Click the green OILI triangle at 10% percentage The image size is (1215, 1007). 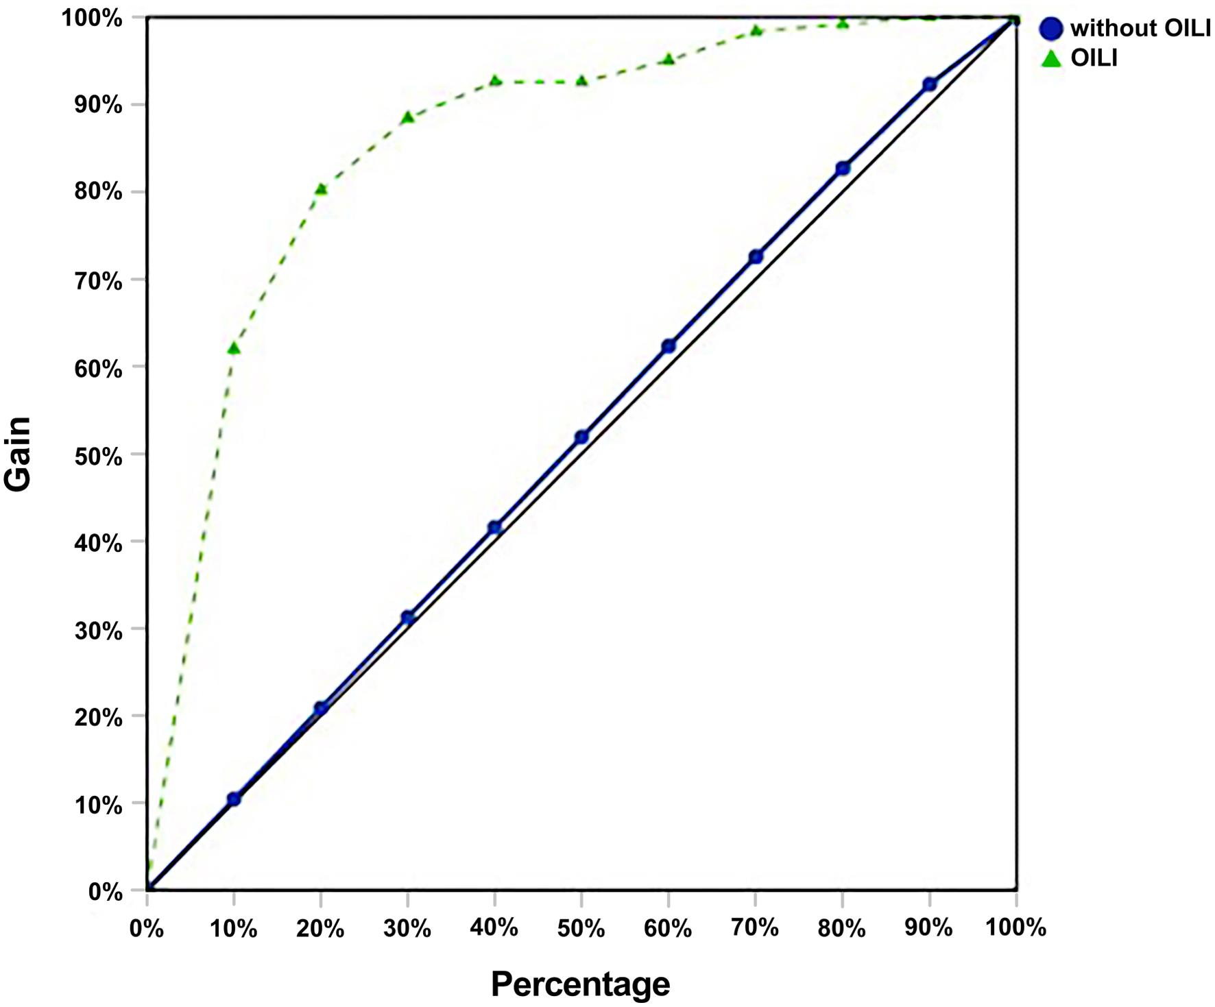coord(234,348)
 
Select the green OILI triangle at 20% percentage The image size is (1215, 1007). coord(321,189)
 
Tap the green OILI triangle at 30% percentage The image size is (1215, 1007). coord(408,117)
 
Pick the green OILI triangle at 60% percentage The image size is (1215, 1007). coord(669,60)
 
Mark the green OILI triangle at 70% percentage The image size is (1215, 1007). coord(756,30)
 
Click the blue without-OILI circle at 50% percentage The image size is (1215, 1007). coord(581,437)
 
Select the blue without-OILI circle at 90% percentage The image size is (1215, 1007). coord(930,84)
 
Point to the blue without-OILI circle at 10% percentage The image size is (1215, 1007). coord(234,799)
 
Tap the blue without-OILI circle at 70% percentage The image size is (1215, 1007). coord(756,256)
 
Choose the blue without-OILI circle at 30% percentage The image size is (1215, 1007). coord(408,617)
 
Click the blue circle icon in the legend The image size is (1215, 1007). coord(1051,28)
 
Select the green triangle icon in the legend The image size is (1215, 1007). coord(1051,59)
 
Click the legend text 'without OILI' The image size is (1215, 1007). coord(1140,28)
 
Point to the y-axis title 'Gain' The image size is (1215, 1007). coord(19,454)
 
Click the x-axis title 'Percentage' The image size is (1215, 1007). coord(580,984)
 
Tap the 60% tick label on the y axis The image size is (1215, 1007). coord(99,369)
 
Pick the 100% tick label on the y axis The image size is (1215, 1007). coord(93,19)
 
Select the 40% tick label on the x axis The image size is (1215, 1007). coord(494,927)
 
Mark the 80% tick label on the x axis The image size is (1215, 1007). coord(842,928)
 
